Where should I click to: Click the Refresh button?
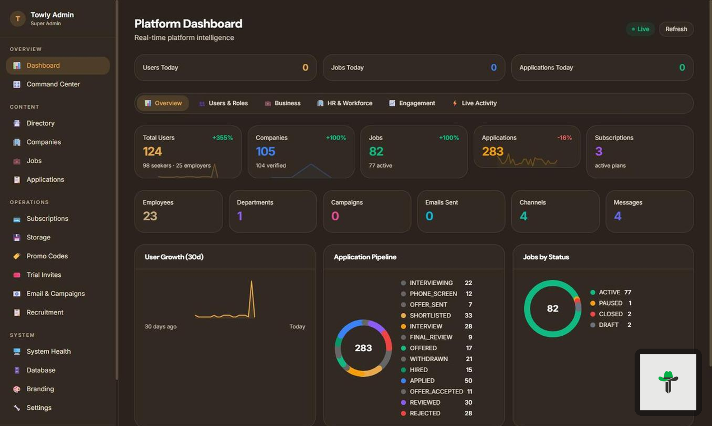pyautogui.click(x=676, y=29)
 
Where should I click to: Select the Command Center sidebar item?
pyautogui.click(x=53, y=84)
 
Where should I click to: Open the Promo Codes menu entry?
pyautogui.click(x=47, y=256)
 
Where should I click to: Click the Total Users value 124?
pyautogui.click(x=152, y=151)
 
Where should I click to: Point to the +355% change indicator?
pyautogui.click(x=223, y=138)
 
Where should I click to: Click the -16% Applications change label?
pyautogui.click(x=565, y=138)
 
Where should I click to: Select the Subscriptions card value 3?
pyautogui.click(x=599, y=151)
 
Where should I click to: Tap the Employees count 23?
pyautogui.click(x=150, y=216)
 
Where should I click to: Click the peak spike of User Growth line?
pyautogui.click(x=252, y=282)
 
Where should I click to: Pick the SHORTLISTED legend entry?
pyautogui.click(x=430, y=316)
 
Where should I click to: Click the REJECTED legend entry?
pyautogui.click(x=425, y=413)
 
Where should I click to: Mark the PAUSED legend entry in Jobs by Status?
pyautogui.click(x=611, y=303)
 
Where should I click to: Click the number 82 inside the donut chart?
pyautogui.click(x=553, y=309)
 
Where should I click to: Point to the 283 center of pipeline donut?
pyautogui.click(x=363, y=348)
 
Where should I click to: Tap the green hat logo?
pyautogui.click(x=668, y=381)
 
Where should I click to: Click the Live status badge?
pyautogui.click(x=640, y=29)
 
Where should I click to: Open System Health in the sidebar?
pyautogui.click(x=48, y=351)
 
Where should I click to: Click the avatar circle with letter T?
pyautogui.click(x=17, y=18)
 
